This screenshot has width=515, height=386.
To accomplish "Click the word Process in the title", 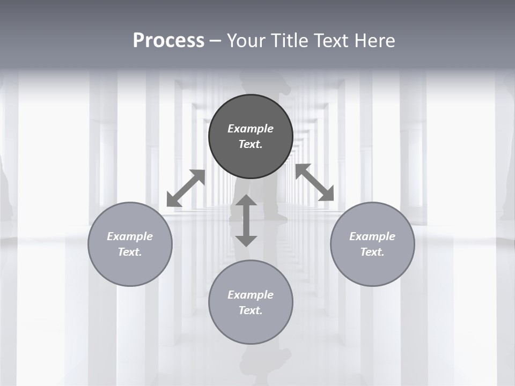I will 168,41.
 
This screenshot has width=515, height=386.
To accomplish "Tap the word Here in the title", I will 374,41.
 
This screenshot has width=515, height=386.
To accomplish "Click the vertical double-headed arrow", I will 246,220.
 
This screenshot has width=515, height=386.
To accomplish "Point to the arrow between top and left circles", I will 186,188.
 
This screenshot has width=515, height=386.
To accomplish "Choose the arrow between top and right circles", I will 315,182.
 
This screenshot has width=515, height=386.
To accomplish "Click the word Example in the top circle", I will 251,129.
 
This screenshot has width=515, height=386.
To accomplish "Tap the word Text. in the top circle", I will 251,144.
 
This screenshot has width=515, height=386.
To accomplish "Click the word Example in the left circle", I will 130,236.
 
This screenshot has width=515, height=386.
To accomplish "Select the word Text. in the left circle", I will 130,252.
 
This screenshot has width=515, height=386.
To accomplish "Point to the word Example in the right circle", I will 372,236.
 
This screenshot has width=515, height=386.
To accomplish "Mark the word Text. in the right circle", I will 372,252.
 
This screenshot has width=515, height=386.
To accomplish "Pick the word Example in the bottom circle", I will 251,295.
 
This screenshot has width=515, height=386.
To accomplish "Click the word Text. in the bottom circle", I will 251,310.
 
